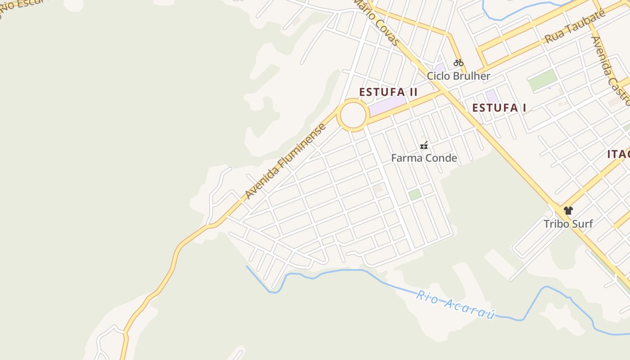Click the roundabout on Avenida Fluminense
pyautogui.click(x=353, y=116)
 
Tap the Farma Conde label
pyautogui.click(x=424, y=158)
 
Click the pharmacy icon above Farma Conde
pyautogui.click(x=423, y=145)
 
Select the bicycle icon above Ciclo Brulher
pyautogui.click(x=459, y=63)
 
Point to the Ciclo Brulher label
pyautogui.click(x=458, y=76)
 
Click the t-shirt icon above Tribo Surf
pyautogui.click(x=568, y=210)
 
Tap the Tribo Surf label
pyautogui.click(x=568, y=224)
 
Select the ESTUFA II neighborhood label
pyautogui.click(x=388, y=92)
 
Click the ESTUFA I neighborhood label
pyautogui.click(x=499, y=108)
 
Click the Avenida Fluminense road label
pyautogui.click(x=286, y=161)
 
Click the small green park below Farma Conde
pyautogui.click(x=414, y=194)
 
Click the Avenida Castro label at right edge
pyautogui.click(x=610, y=67)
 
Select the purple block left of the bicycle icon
pyautogui.click(x=440, y=69)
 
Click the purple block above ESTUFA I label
pyautogui.click(x=492, y=96)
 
